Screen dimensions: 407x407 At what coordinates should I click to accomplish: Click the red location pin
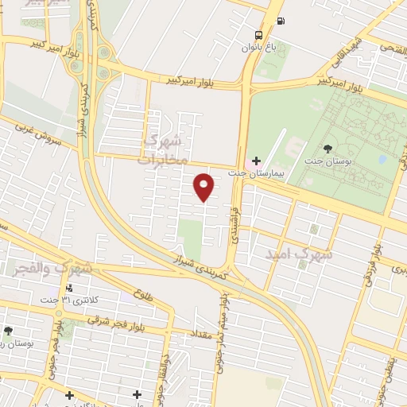click(204, 186)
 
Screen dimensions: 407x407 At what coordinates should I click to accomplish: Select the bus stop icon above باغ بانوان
click(259, 34)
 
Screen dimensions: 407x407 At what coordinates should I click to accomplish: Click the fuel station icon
click(280, 21)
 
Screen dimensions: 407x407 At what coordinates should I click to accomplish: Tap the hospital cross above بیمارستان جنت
click(256, 161)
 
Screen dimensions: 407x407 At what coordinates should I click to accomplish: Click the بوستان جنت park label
click(328, 161)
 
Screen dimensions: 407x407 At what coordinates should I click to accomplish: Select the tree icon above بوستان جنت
click(328, 148)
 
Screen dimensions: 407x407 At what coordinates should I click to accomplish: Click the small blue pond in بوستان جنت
click(382, 159)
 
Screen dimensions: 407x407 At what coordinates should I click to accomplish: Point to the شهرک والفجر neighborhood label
click(52, 269)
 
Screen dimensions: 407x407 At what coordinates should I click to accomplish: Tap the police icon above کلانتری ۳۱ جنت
click(71, 288)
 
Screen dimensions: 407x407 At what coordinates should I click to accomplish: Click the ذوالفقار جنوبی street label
click(166, 374)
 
